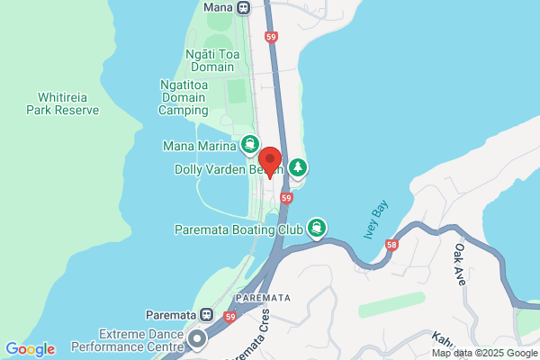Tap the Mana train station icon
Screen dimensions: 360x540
[x=243, y=7]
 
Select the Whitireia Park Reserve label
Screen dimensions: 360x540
[x=68, y=103]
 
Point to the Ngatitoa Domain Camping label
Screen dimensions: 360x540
[x=196, y=97]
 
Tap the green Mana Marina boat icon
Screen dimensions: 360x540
[x=249, y=145]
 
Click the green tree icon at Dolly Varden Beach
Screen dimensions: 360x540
[x=298, y=167]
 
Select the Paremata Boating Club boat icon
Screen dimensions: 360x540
[x=316, y=228]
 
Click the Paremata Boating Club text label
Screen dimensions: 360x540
[x=237, y=229]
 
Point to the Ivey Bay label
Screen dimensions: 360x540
[x=376, y=219]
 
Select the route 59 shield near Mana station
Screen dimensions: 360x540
[x=272, y=37]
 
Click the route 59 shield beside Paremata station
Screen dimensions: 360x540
[x=230, y=317]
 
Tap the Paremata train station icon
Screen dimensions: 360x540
[x=206, y=316]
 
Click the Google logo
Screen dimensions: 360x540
[x=30, y=349]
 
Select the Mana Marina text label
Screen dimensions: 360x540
[x=199, y=145]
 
